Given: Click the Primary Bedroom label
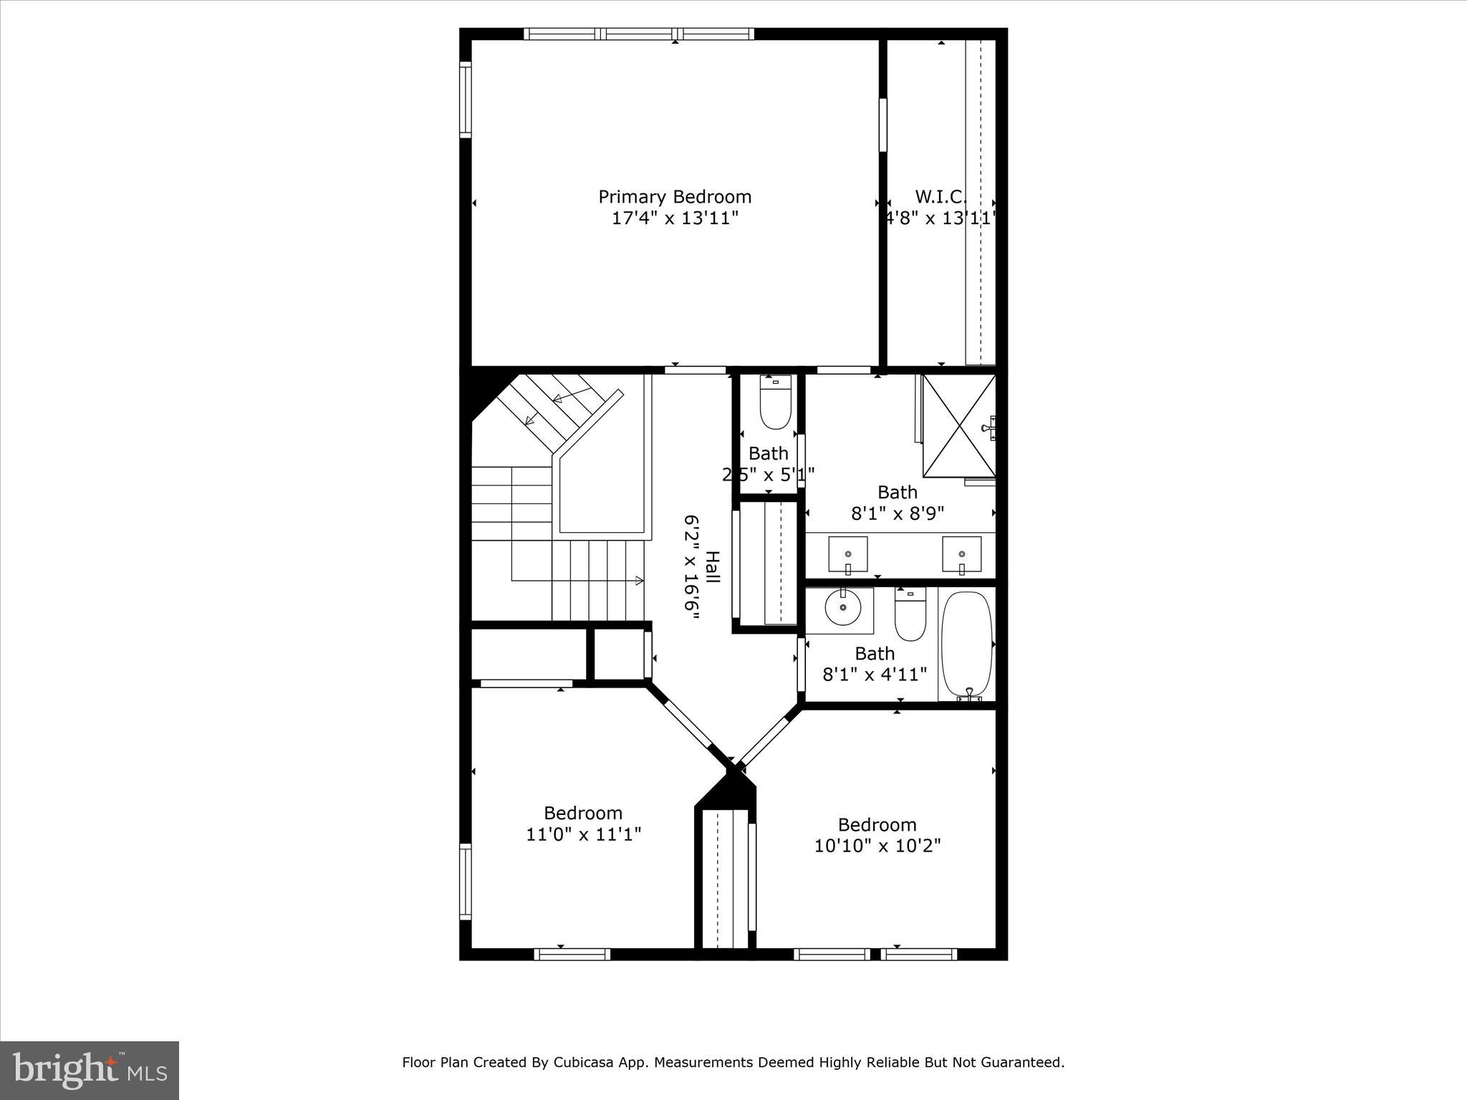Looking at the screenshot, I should [x=675, y=197].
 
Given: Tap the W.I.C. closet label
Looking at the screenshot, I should [x=941, y=197].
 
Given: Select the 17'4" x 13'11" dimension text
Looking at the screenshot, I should [x=675, y=218].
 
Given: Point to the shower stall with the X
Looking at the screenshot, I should [x=958, y=425].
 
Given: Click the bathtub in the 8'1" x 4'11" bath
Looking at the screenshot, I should [x=966, y=645].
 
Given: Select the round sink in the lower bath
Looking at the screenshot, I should [x=843, y=607].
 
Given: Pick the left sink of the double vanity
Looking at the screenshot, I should [x=848, y=554].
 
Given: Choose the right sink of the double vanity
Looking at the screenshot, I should [x=961, y=554].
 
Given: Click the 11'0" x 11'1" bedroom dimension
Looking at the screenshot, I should [x=583, y=834].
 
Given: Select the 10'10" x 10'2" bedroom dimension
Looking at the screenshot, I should [x=877, y=846].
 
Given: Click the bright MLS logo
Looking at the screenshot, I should [x=90, y=1070].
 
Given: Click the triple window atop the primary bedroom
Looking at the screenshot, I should [x=638, y=34].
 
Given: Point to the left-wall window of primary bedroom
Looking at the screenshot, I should [x=465, y=100].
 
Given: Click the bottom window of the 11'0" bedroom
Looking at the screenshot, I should [x=572, y=954].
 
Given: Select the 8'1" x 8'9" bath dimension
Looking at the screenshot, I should [x=898, y=513].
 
